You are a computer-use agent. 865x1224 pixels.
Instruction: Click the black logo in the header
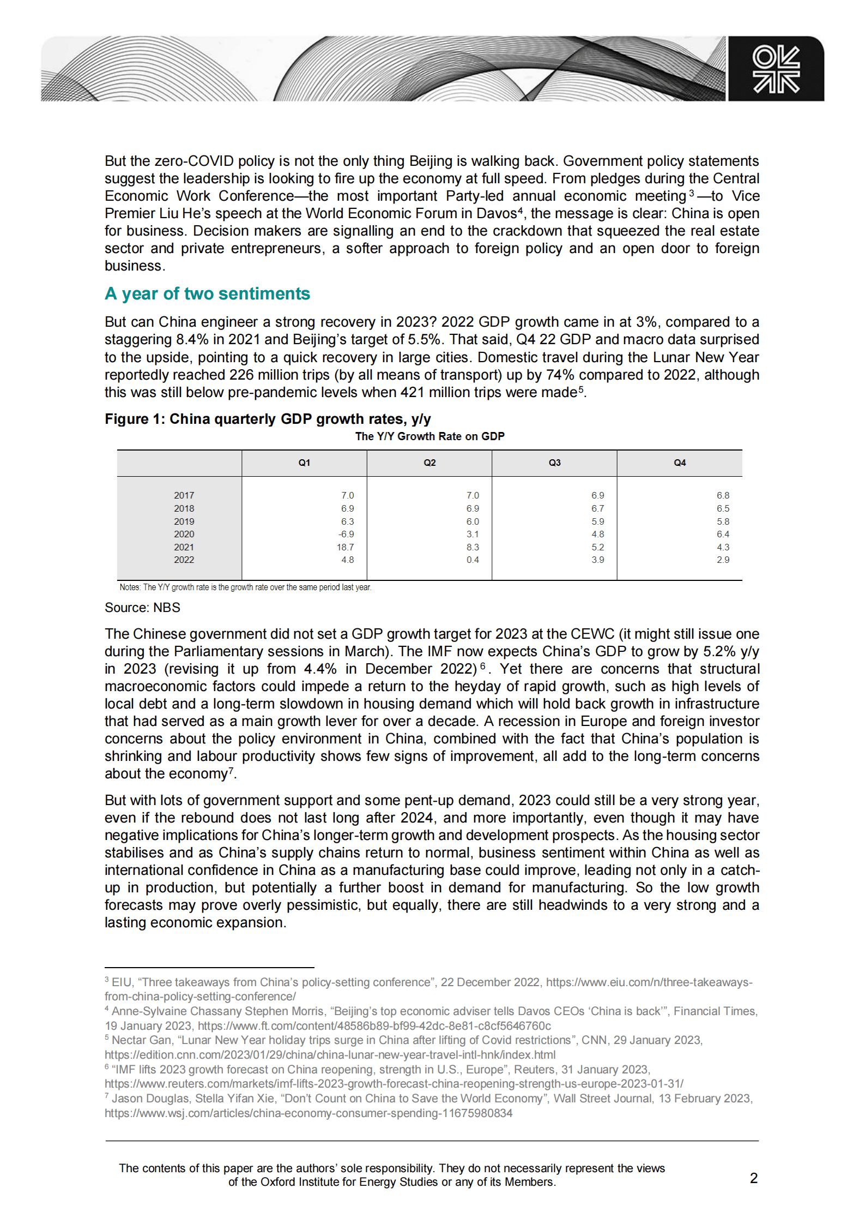click(x=776, y=69)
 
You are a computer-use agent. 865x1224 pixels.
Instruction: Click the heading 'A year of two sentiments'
click(x=207, y=293)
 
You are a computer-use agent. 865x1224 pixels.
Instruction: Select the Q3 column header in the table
click(x=554, y=463)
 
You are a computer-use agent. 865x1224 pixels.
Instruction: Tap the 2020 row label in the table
click(x=184, y=534)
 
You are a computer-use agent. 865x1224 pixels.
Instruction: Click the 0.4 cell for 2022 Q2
click(x=473, y=560)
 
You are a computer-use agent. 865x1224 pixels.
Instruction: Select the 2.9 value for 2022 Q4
click(x=723, y=560)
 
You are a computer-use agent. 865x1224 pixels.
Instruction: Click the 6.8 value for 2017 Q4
click(x=723, y=495)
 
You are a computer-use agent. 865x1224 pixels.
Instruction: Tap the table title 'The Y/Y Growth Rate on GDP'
click(x=430, y=436)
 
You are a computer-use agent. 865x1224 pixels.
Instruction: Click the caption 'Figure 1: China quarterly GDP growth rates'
click(x=268, y=419)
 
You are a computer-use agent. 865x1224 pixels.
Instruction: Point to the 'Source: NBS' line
click(x=142, y=608)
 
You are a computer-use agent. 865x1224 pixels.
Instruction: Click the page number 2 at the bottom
click(x=753, y=1178)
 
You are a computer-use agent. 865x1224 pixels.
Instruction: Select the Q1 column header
click(x=304, y=463)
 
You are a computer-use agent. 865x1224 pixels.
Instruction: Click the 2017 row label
click(x=184, y=495)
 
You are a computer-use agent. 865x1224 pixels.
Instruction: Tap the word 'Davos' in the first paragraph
click(x=496, y=213)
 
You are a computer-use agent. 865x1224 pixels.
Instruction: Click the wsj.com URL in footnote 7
click(x=309, y=1113)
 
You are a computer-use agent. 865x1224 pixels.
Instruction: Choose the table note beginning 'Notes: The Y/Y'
click(x=245, y=587)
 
